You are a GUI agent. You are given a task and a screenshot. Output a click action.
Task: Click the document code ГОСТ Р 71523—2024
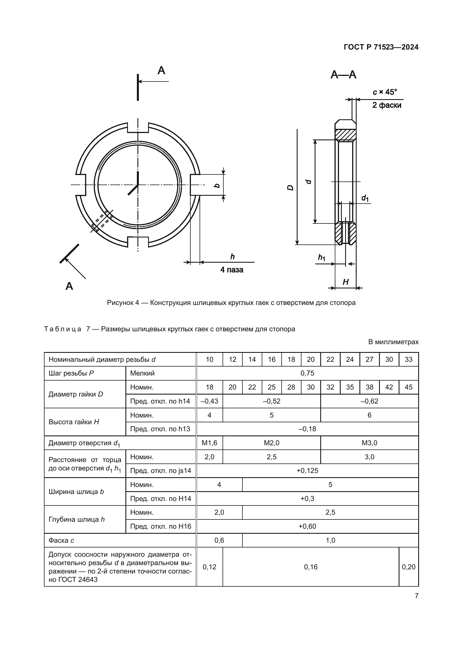click(x=381, y=47)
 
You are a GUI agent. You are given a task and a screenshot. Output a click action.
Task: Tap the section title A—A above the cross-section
click(x=343, y=75)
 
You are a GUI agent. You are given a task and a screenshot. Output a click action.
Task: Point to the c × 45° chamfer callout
click(x=385, y=92)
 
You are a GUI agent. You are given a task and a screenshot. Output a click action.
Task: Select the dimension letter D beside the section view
click(x=291, y=187)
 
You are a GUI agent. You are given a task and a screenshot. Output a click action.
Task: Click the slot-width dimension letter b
click(x=217, y=186)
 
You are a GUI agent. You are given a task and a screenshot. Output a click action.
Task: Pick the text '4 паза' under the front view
click(x=231, y=270)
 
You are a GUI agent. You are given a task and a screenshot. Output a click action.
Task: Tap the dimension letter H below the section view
click(x=345, y=282)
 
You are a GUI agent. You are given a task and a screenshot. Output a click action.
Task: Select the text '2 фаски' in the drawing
click(x=387, y=105)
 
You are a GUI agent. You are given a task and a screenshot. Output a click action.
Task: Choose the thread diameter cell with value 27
click(x=370, y=360)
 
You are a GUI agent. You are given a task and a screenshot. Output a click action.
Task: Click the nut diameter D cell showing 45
click(x=408, y=387)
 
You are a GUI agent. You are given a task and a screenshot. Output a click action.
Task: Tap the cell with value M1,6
click(x=210, y=443)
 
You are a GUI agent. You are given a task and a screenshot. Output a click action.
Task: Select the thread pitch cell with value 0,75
click(x=307, y=373)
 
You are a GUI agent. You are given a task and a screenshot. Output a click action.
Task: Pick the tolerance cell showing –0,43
click(x=210, y=401)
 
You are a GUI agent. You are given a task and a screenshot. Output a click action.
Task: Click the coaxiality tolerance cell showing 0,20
click(x=408, y=567)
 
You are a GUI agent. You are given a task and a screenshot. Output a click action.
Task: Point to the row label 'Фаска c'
click(x=61, y=540)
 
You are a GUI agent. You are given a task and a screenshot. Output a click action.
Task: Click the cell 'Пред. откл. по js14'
click(x=160, y=471)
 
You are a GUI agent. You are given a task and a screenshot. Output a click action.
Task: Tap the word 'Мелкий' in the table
click(x=142, y=373)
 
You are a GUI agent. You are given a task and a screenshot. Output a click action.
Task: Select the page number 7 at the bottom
click(x=417, y=596)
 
